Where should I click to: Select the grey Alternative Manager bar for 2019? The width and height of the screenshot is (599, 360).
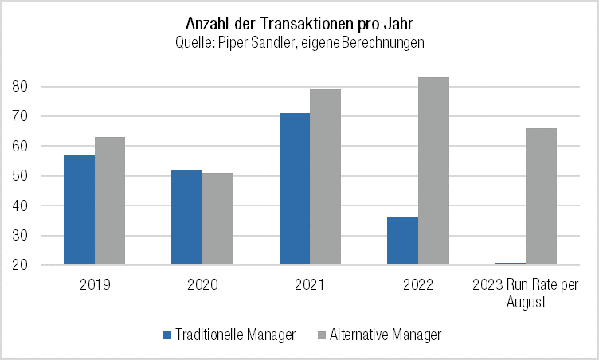click(x=110, y=201)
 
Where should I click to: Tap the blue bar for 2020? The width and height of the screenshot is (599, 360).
click(x=187, y=217)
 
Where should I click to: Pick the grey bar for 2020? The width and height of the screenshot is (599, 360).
click(x=218, y=218)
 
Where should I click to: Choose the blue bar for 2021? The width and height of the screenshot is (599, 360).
click(x=295, y=189)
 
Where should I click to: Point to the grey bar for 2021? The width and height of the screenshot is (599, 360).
click(x=326, y=177)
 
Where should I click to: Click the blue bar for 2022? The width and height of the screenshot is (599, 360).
click(x=402, y=241)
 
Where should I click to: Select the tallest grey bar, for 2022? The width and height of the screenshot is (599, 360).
click(x=433, y=170)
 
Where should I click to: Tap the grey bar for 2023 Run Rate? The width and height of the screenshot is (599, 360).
click(x=541, y=196)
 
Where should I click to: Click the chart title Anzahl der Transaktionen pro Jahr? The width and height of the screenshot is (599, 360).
click(x=299, y=22)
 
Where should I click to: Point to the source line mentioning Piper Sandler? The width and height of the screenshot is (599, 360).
click(x=299, y=43)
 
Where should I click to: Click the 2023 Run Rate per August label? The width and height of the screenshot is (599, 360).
click(x=526, y=293)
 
